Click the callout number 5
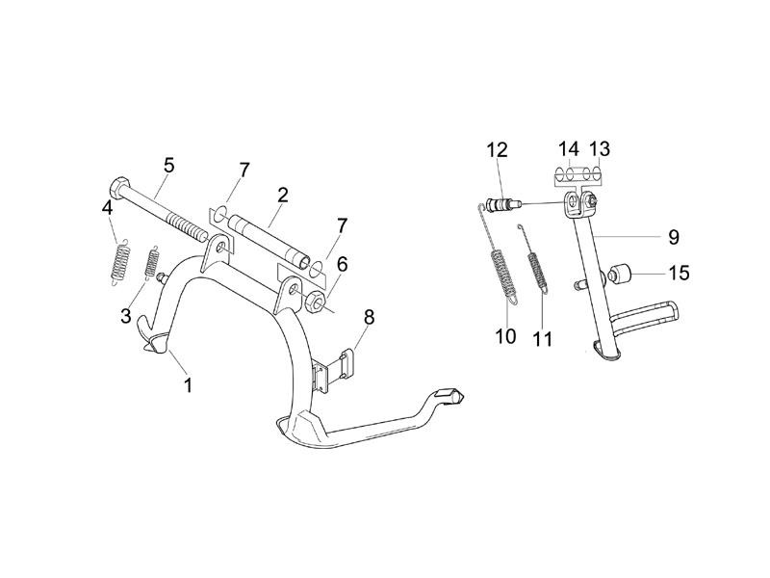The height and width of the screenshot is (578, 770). click(x=169, y=166)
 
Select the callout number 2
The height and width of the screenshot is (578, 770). click(x=282, y=196)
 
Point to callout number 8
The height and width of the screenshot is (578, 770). click(x=369, y=317)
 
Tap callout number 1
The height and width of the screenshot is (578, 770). click(x=188, y=384)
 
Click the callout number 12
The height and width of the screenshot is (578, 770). click(x=497, y=149)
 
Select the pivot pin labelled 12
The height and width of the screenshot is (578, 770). click(x=500, y=203)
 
